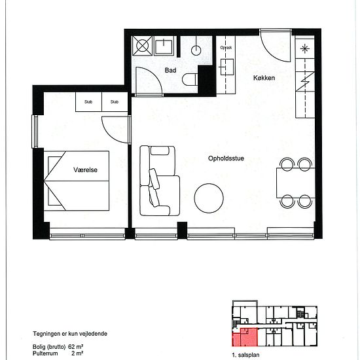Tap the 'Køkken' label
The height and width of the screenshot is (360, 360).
(264, 78)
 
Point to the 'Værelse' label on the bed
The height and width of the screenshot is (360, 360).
(85, 170)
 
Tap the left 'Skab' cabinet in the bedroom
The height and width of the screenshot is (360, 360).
(88, 102)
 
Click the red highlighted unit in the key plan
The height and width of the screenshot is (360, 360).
(243, 337)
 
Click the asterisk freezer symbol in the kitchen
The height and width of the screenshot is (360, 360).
(304, 48)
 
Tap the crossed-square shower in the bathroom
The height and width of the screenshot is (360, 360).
(143, 46)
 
